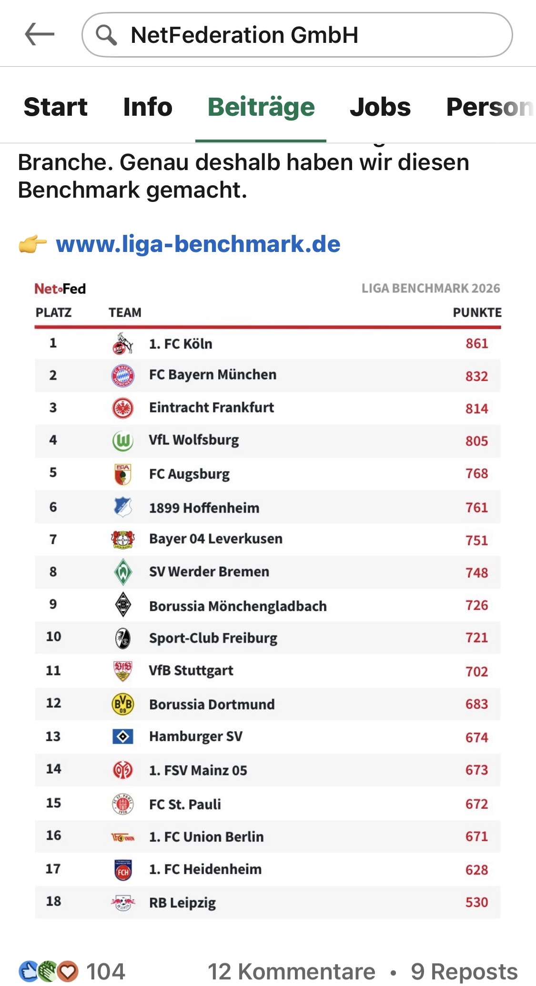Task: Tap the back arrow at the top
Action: (x=40, y=35)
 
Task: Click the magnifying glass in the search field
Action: (x=106, y=35)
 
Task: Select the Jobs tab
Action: (x=380, y=107)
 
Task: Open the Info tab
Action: (x=148, y=107)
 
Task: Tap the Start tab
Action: (x=56, y=107)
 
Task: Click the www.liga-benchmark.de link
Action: (x=198, y=244)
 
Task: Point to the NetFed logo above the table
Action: (x=60, y=289)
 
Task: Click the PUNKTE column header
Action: (x=477, y=312)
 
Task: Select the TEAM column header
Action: (x=125, y=312)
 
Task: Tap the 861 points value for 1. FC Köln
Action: (x=477, y=343)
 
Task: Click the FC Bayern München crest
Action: (x=123, y=376)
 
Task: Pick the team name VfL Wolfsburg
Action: (x=194, y=440)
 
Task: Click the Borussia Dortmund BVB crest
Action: (x=123, y=704)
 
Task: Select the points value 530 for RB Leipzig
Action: (x=477, y=902)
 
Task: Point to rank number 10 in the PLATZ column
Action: (x=53, y=636)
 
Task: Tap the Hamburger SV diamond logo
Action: (x=123, y=737)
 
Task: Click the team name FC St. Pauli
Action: (x=185, y=804)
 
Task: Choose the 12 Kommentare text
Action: (x=292, y=971)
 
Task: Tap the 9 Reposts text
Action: (x=464, y=971)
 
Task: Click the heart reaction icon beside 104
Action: (x=68, y=971)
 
